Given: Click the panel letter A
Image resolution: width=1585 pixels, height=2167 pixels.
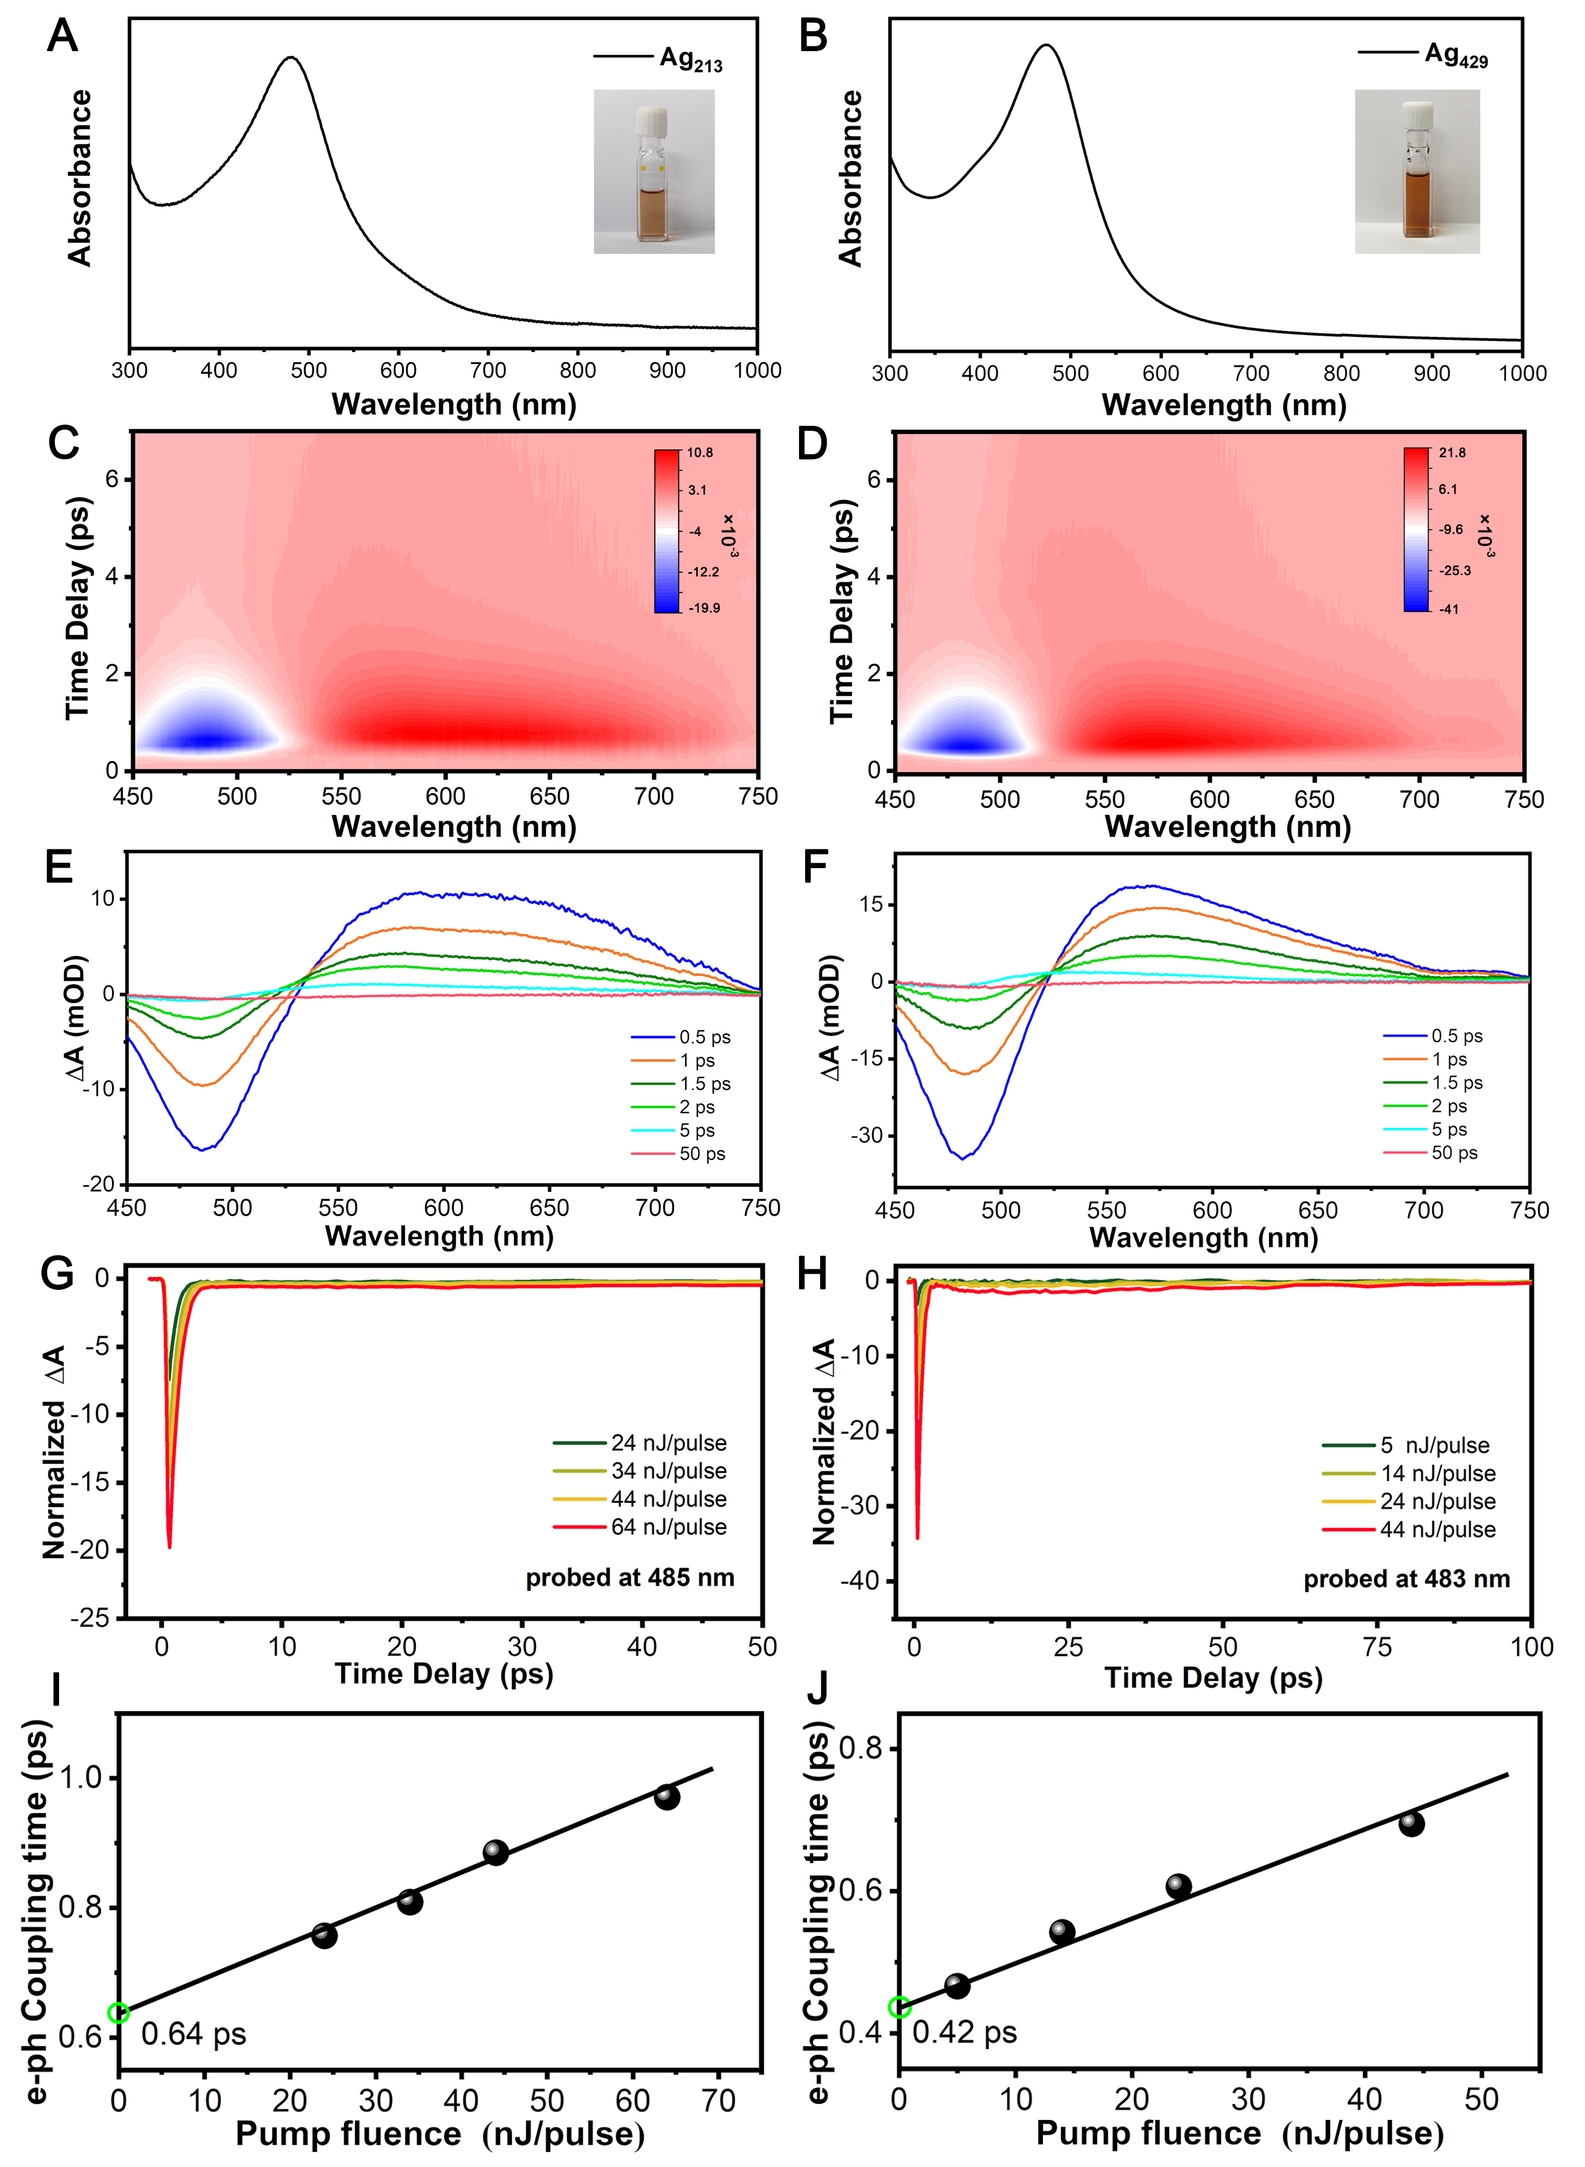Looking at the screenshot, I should [63, 37].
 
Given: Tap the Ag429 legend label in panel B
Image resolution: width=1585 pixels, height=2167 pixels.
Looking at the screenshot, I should [1456, 55].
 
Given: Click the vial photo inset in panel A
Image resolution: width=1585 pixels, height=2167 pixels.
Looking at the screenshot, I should [653, 171].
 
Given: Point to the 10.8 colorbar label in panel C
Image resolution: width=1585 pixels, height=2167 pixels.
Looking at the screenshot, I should [699, 453].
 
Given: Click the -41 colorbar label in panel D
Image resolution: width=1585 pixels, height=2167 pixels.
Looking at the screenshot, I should [1449, 609].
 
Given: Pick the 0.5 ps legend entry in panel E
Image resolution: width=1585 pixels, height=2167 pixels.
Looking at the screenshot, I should [704, 1037].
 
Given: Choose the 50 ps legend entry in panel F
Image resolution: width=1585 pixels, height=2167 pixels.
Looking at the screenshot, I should [1454, 1153].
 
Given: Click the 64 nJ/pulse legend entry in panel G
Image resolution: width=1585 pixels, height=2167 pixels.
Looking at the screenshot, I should [669, 1526].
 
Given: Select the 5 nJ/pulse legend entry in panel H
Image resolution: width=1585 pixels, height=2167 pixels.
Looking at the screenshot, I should [1435, 1446].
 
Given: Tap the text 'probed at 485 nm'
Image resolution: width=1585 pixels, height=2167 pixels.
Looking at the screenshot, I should [629, 1578].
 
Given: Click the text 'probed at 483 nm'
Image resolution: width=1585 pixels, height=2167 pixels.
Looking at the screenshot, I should [1406, 1579].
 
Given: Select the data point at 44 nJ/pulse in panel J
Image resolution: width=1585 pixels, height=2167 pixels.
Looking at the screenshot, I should [1410, 1823].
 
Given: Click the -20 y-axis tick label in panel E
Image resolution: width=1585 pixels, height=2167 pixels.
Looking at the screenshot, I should [98, 1185].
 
